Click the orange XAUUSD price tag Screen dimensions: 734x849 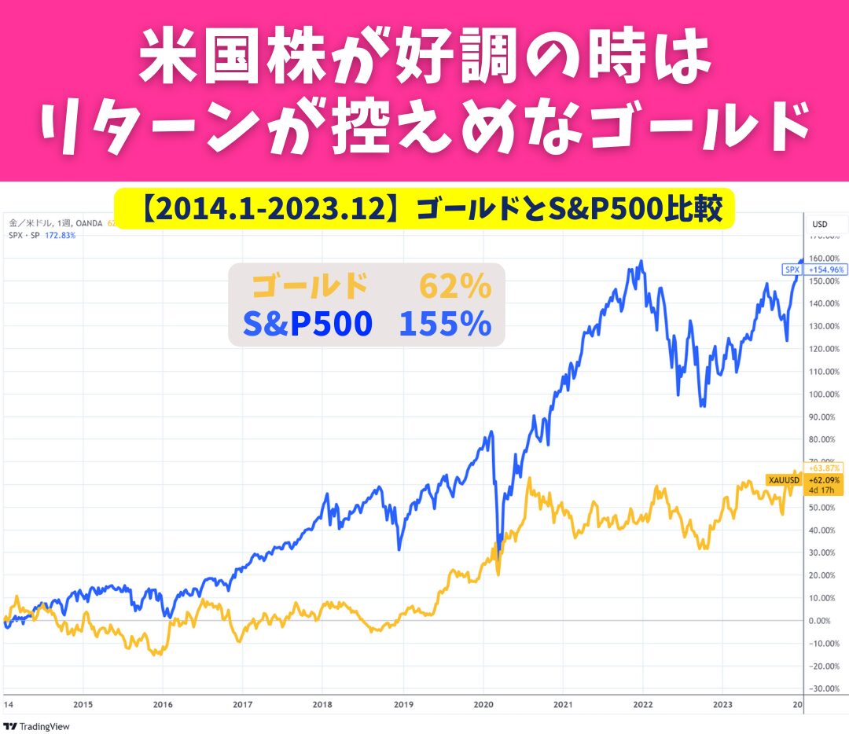783,479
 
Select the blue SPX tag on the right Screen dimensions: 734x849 792,269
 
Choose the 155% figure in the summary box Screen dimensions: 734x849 445,324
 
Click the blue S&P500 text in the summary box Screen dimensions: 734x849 307,324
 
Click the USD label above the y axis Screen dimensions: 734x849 820,224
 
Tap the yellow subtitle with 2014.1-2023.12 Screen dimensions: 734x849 424,209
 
